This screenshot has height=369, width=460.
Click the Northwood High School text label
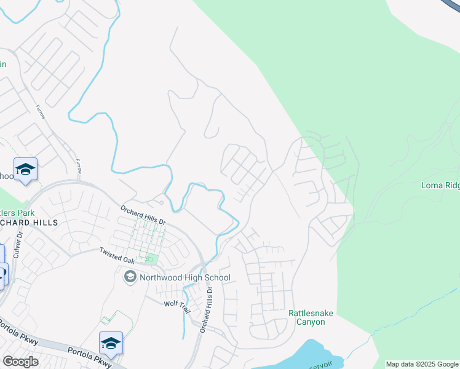pos(185,278)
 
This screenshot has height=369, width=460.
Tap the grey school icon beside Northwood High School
pos(130,278)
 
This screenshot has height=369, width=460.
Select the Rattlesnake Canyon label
pos(311,317)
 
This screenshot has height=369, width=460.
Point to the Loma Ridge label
pos(440,185)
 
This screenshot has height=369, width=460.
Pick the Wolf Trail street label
pos(177,306)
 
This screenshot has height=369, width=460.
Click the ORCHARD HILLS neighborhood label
pos(29,222)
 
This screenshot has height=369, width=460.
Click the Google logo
pos(20,362)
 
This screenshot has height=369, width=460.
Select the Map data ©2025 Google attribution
pos(422,364)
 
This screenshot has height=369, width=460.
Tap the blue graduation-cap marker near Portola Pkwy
pos(111,343)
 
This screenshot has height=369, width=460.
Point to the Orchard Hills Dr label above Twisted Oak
pos(143,215)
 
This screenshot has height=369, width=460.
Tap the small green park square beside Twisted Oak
pos(149,259)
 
